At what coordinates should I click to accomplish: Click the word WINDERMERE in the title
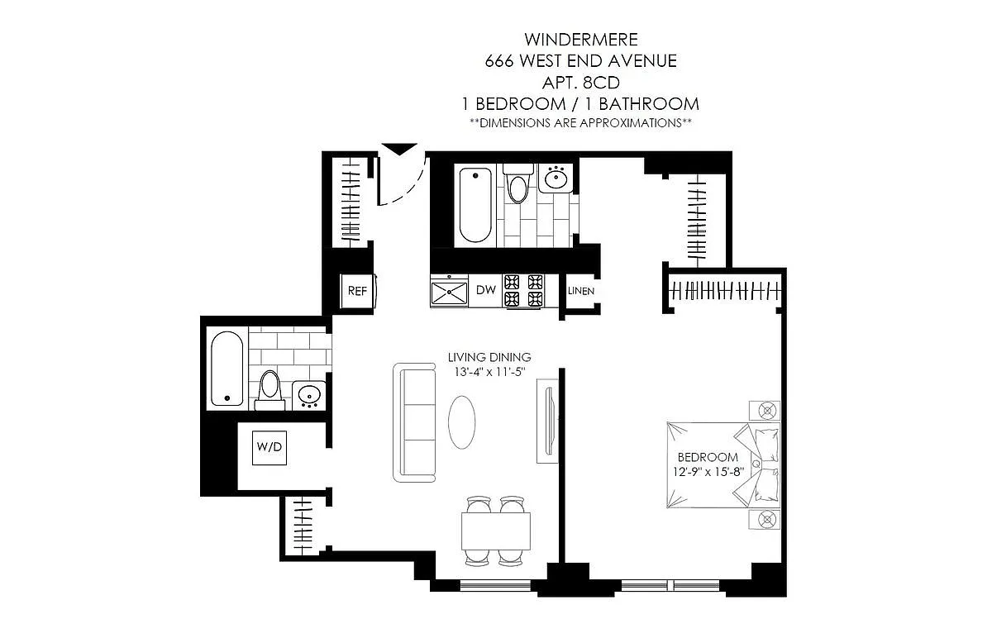tap(581, 40)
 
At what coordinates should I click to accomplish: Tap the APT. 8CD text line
tap(581, 83)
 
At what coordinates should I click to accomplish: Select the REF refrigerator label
tap(357, 291)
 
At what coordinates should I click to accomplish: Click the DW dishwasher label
tap(486, 290)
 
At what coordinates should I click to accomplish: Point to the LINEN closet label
tap(581, 291)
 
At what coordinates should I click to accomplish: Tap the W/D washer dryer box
tap(269, 448)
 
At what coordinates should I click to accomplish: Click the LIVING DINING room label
tap(489, 357)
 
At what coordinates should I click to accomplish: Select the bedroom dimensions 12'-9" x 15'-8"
tap(708, 472)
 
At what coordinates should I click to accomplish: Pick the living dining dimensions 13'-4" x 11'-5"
tap(489, 372)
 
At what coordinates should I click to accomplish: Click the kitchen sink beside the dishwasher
tap(449, 292)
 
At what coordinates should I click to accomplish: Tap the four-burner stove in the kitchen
tap(523, 291)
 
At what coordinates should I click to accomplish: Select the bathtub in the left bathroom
tap(227, 369)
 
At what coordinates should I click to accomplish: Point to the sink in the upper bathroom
tap(556, 179)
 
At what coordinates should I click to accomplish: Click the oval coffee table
tap(462, 422)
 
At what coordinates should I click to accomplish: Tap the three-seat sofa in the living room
tap(414, 422)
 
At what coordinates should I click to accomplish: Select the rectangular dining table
tap(495, 531)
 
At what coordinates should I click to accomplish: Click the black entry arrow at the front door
tap(399, 149)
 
